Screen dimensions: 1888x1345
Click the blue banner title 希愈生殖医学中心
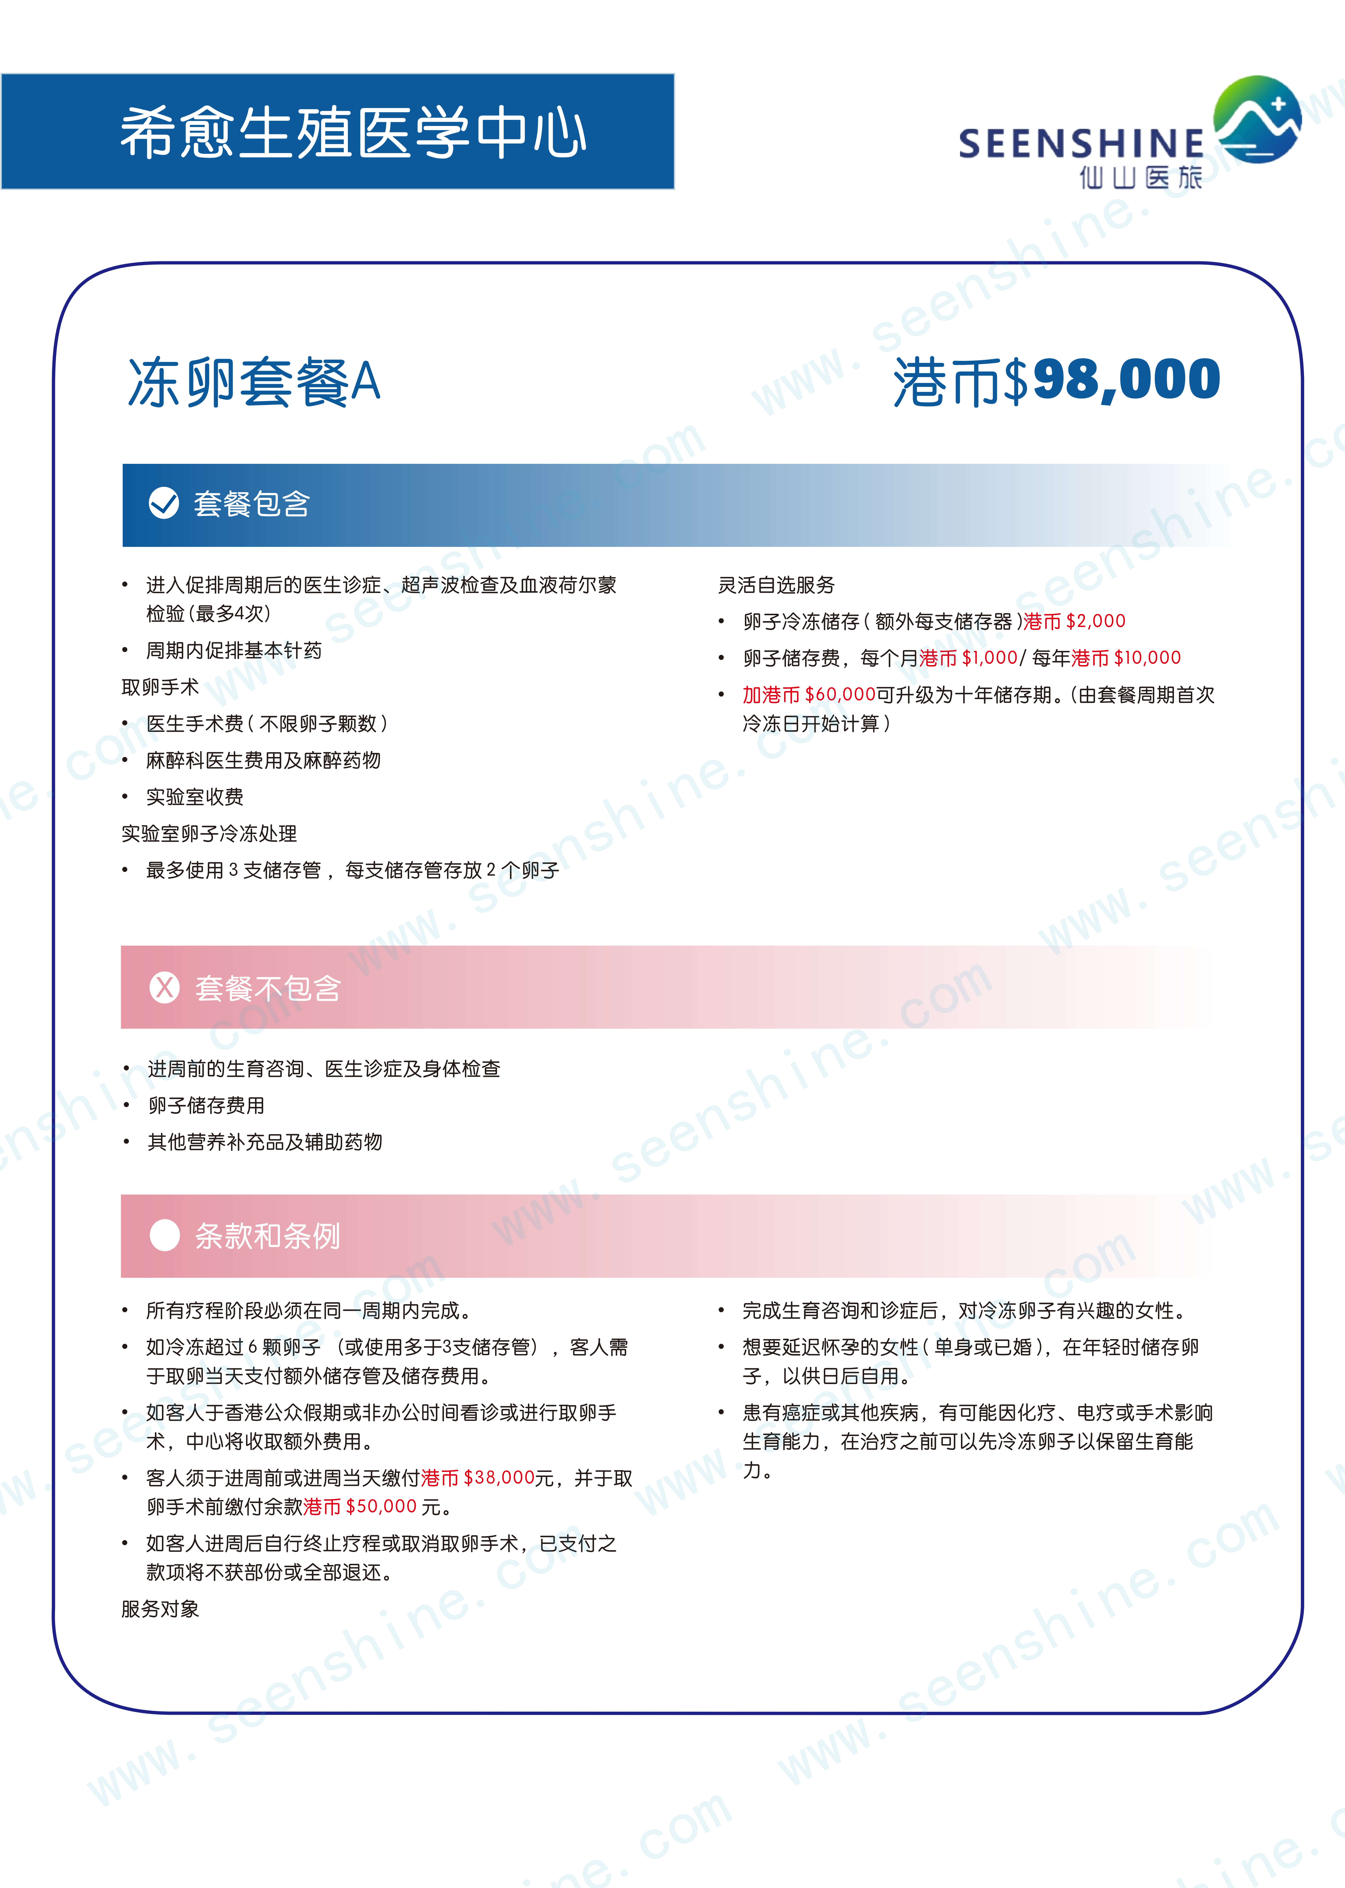pos(354,133)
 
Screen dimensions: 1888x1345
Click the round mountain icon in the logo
pos(1257,119)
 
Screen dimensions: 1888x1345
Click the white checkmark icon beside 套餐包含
pos(164,503)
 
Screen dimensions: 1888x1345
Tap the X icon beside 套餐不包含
pos(165,987)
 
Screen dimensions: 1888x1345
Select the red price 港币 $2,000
pos(1074,621)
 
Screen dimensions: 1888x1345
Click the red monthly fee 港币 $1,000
pos(968,658)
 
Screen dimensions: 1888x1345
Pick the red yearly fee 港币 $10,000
pos(1126,658)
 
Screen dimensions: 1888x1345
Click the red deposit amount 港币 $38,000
pos(478,1478)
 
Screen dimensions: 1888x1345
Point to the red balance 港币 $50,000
pos(360,1506)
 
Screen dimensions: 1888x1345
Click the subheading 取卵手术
pos(160,687)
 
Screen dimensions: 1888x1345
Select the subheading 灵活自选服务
pos(776,585)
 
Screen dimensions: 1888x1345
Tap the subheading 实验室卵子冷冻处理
pos(209,834)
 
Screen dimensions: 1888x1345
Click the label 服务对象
pos(160,1609)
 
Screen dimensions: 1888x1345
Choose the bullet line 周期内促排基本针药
pos(234,651)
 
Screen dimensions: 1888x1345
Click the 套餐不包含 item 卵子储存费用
pos(206,1105)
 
